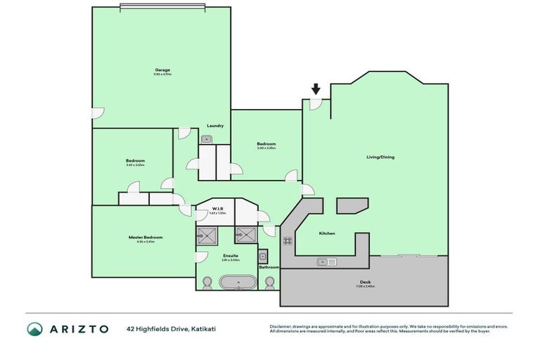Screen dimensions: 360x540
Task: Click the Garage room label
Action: [162, 70]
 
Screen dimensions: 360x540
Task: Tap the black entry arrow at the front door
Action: [316, 89]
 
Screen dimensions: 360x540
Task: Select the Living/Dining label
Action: [380, 157]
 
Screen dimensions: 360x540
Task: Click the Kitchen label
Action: [327, 233]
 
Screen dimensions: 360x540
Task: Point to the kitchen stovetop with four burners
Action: [288, 240]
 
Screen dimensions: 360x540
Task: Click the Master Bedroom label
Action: [146, 238]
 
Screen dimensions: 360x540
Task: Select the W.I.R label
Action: [217, 209]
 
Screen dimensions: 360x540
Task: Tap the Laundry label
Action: [215, 126]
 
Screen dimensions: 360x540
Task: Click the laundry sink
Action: [207, 139]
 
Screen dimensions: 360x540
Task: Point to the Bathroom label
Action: [269, 267]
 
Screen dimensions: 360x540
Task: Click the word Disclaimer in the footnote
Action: [281, 326]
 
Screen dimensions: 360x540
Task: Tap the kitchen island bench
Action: [352, 205]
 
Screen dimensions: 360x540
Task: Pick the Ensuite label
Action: [230, 255]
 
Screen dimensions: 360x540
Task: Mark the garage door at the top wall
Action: [162, 7]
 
